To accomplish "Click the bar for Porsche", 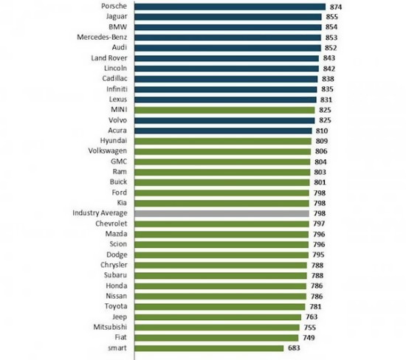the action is pos(230,7).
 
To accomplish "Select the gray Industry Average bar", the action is pos(222,213).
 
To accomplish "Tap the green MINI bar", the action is pos(224,110).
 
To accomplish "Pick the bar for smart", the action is pos(209,348).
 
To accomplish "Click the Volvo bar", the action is pos(224,120).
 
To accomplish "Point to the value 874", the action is pos(336,7).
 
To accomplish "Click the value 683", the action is pos(294,348).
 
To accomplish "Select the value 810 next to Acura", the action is pos(322,131).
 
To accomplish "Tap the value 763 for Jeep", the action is pos(312,316).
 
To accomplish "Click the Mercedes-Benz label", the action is pos(102,38).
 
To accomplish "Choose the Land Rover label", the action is pos(109,58).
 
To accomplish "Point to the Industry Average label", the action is pos(100,213).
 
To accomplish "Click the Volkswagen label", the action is pos(108,151).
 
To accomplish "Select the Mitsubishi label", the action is pos(110,327).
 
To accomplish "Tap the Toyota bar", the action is pos(220,307).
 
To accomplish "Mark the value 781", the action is pos(316,307).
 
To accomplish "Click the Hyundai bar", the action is pos(223,142).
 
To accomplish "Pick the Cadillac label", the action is pos(114,78).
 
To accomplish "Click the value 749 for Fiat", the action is pos(309,338).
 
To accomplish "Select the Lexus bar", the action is pos(226,100).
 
